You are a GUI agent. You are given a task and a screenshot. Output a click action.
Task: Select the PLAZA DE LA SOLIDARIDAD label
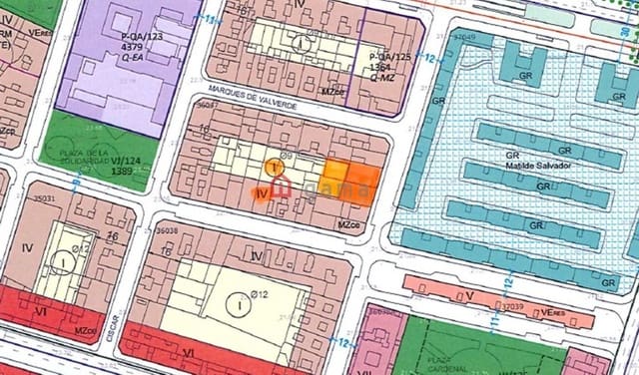click(x=76, y=157)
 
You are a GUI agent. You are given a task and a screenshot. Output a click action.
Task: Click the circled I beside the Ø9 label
click(x=272, y=167)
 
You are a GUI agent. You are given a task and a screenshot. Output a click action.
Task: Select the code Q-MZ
click(x=384, y=77)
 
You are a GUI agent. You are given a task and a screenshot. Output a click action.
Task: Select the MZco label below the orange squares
click(x=347, y=223)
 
